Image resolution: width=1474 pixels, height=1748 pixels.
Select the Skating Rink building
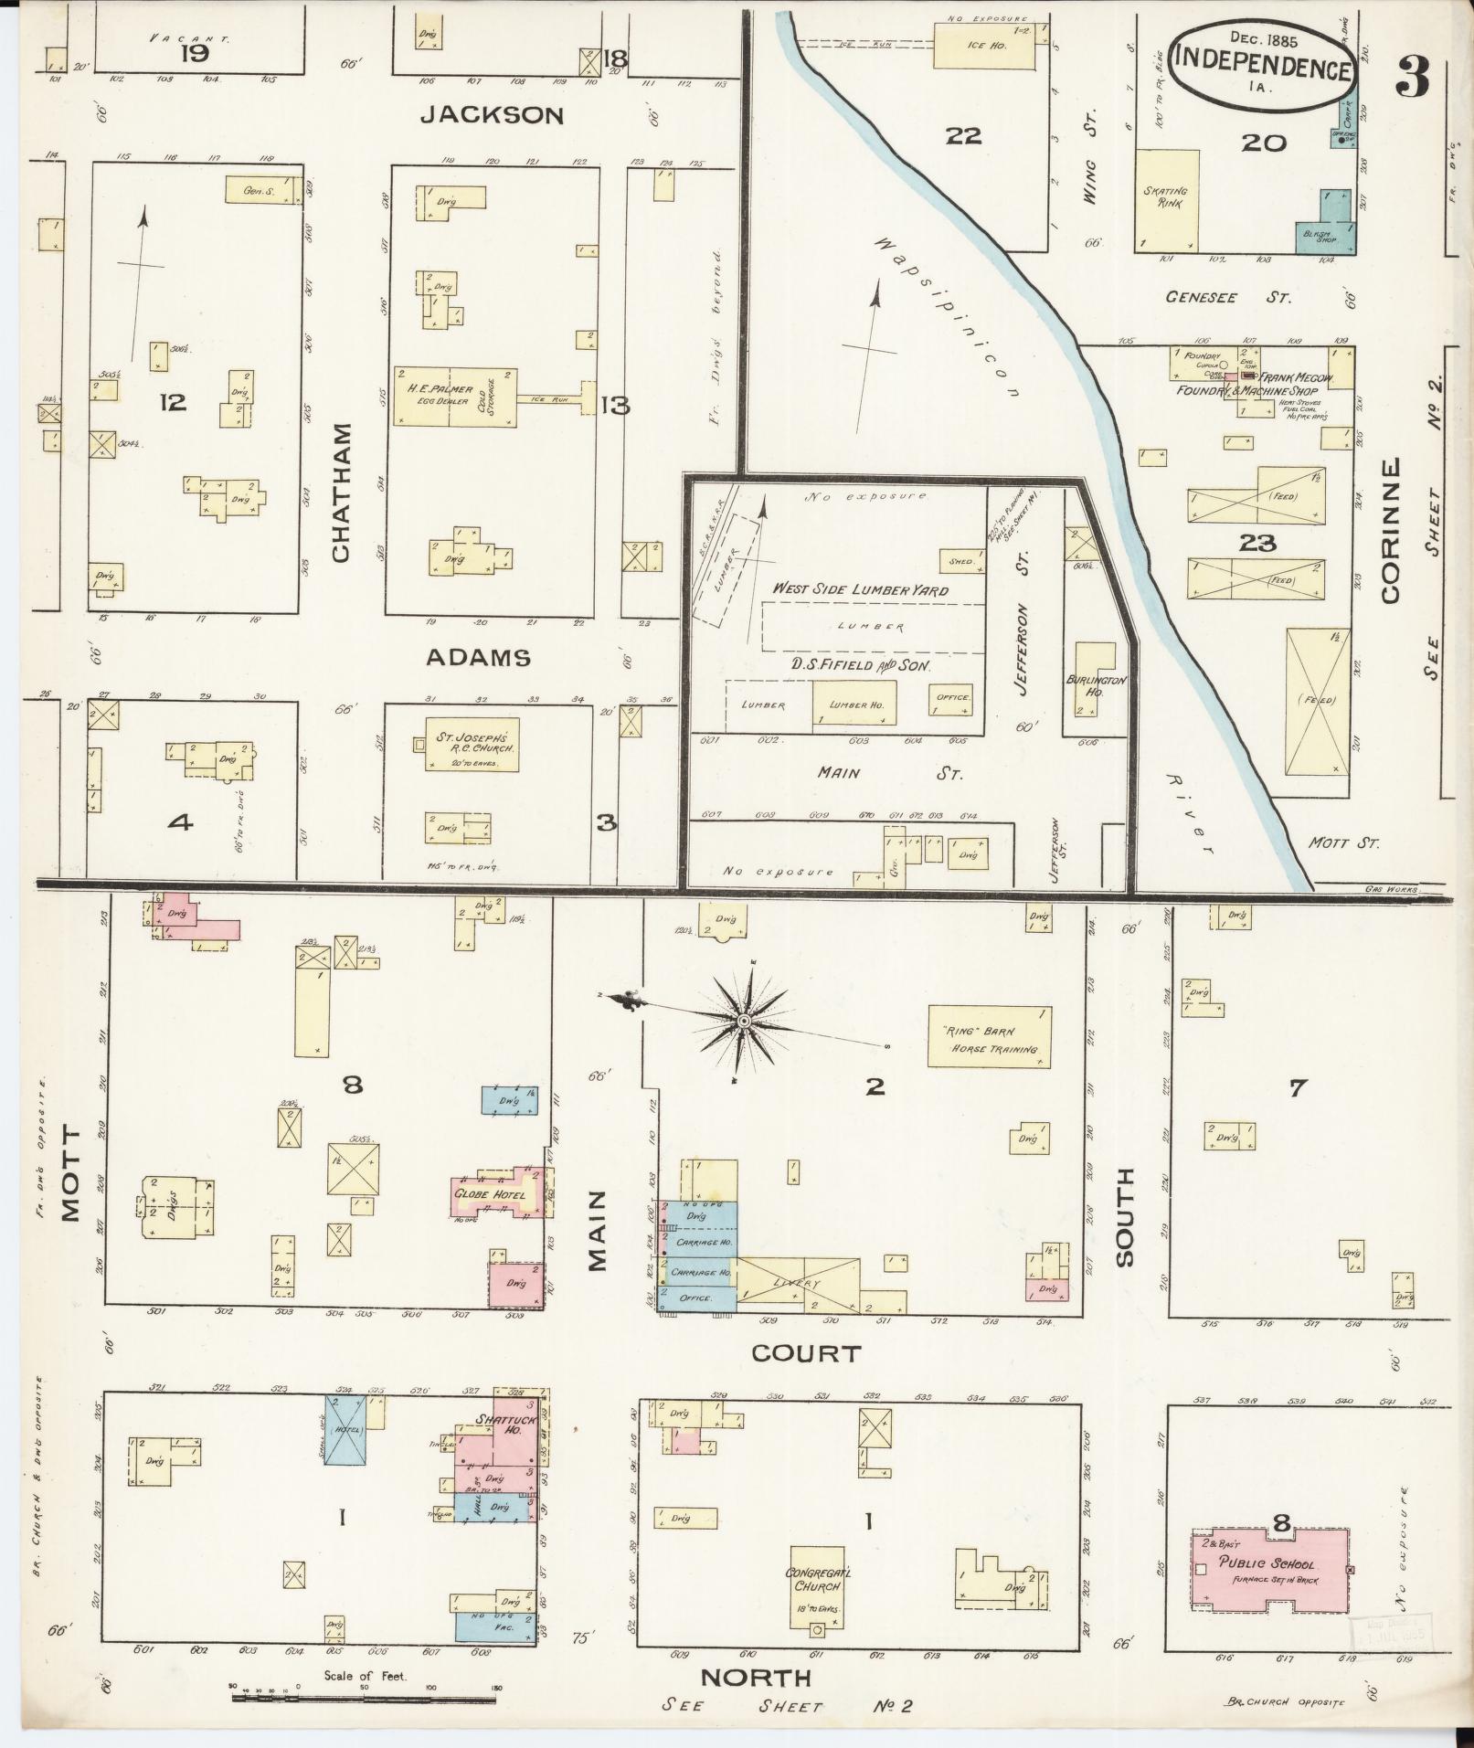coord(1167,199)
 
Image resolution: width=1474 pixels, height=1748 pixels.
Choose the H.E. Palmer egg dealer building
coord(455,396)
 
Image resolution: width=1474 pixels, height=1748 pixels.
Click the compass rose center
coord(745,1019)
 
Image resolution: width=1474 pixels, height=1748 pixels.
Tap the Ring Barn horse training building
coord(989,1036)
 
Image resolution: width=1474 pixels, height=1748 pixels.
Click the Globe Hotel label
coord(484,1193)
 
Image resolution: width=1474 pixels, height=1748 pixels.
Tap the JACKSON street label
coord(492,115)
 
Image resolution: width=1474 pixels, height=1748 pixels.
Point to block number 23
coord(1257,544)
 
